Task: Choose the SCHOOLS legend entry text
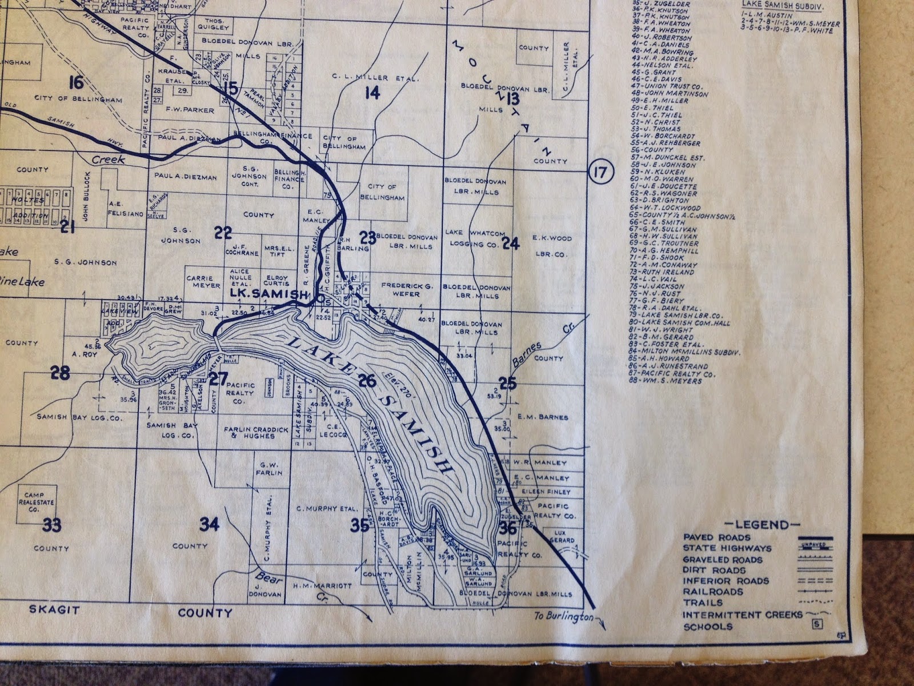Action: [x=707, y=627]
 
